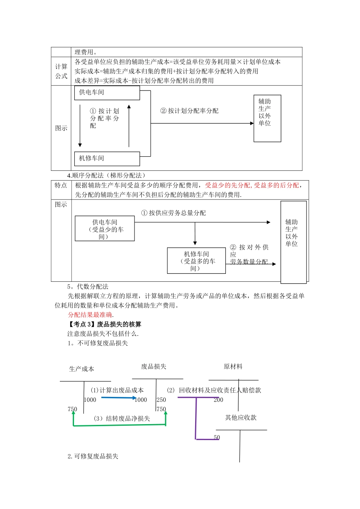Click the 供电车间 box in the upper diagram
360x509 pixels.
[107, 93]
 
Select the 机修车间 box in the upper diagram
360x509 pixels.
[107, 159]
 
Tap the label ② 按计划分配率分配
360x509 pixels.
[189, 111]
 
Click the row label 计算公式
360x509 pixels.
[61, 71]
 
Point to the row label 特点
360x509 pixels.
[61, 185]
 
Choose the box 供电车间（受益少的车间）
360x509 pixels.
[105, 229]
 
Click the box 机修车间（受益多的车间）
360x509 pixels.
[196, 261]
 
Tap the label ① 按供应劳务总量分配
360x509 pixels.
[174, 213]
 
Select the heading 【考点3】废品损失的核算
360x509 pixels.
[105, 324]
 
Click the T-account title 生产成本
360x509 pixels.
[81, 369]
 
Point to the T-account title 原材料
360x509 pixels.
[233, 367]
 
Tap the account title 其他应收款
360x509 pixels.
[241, 418]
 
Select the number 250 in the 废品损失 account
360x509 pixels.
[161, 400]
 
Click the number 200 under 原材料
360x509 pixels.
[219, 400]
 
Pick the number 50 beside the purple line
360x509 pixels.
[217, 437]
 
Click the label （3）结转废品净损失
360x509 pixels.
[122, 418]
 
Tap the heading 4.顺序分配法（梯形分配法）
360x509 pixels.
[106, 175]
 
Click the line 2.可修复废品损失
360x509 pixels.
[93, 456]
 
